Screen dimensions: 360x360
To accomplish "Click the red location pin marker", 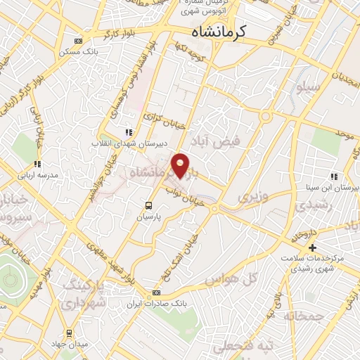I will [181, 165].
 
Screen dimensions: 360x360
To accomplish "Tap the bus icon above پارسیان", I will [148, 205].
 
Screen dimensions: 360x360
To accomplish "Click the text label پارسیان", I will [148, 217].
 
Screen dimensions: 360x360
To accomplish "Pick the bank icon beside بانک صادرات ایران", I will [157, 292].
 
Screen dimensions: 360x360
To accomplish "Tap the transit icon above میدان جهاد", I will [69, 333].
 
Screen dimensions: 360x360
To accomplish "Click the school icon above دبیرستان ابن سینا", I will [333, 176].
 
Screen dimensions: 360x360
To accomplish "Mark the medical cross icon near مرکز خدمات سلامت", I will [312, 248].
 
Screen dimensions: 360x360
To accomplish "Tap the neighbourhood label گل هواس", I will [230, 279].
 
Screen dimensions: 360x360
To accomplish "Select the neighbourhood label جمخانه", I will [304, 317].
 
